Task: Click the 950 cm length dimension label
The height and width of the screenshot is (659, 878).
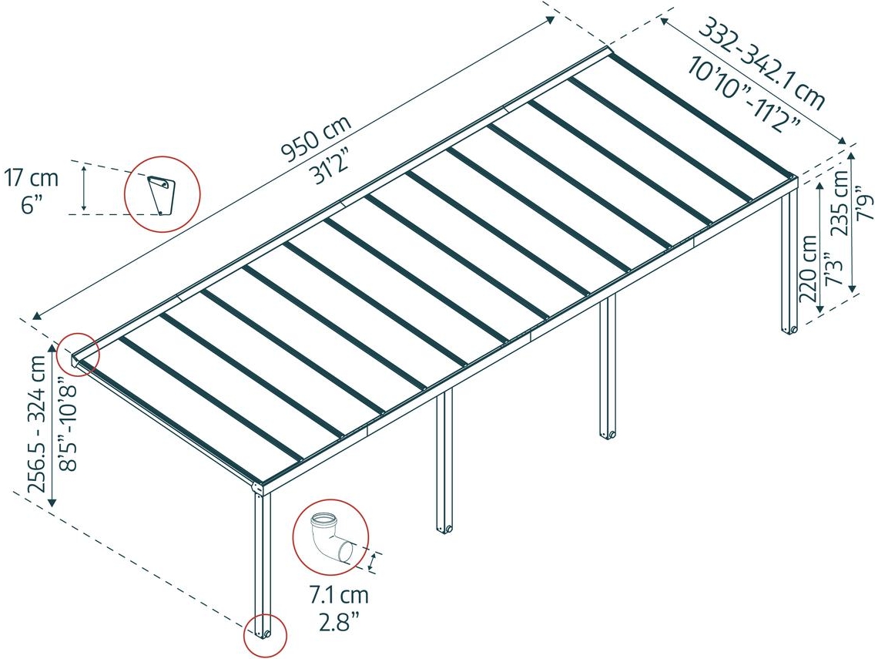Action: pos(316,138)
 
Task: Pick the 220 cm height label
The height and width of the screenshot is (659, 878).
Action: pos(809,268)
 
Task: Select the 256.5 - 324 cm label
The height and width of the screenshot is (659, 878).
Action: pos(37,424)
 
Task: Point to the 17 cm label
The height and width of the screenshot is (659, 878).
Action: pos(32,178)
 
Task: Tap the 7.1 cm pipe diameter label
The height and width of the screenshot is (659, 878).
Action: pos(340,594)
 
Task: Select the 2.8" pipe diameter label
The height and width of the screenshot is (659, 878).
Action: pos(339,621)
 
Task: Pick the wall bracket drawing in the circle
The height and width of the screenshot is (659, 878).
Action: pos(161,195)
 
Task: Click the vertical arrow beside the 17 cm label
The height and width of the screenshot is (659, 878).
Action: pos(84,188)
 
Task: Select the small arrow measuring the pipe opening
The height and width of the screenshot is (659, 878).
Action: pos(373,561)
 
